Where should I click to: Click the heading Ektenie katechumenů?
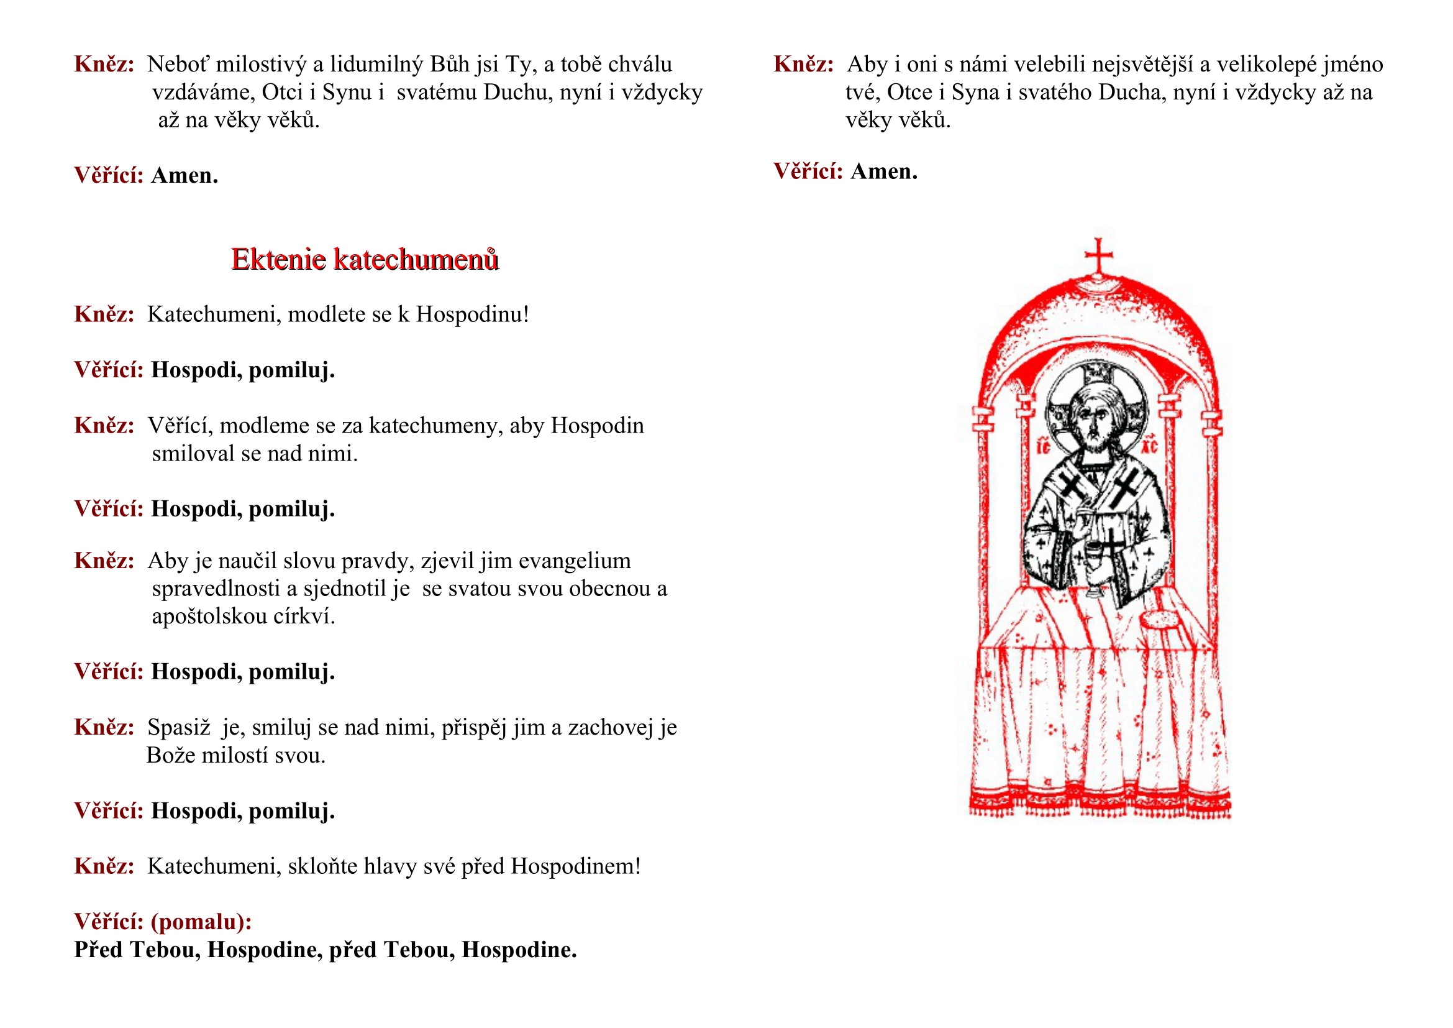click(x=365, y=260)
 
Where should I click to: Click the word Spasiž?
click(x=178, y=728)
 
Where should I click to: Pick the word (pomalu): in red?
click(x=201, y=922)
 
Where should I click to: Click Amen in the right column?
click(x=883, y=172)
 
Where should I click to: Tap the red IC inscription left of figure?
click(x=1044, y=447)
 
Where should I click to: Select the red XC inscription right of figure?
click(x=1149, y=447)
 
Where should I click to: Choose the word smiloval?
click(x=193, y=454)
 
